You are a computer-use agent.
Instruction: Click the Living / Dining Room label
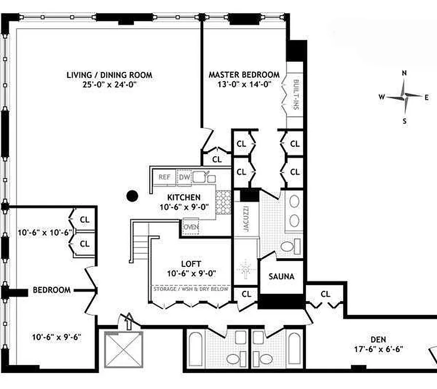(109, 75)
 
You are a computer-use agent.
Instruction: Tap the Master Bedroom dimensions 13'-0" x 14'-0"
(244, 84)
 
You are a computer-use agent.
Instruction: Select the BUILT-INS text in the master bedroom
(295, 94)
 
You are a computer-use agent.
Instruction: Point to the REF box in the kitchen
(165, 177)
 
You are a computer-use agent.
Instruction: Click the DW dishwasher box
(184, 177)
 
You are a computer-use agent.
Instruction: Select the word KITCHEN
(184, 197)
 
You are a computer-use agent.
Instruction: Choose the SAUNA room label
(282, 277)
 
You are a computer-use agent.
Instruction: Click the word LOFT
(191, 264)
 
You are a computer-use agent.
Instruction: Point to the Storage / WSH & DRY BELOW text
(191, 288)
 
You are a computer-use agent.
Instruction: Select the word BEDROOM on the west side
(52, 290)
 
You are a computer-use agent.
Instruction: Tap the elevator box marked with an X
(122, 349)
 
